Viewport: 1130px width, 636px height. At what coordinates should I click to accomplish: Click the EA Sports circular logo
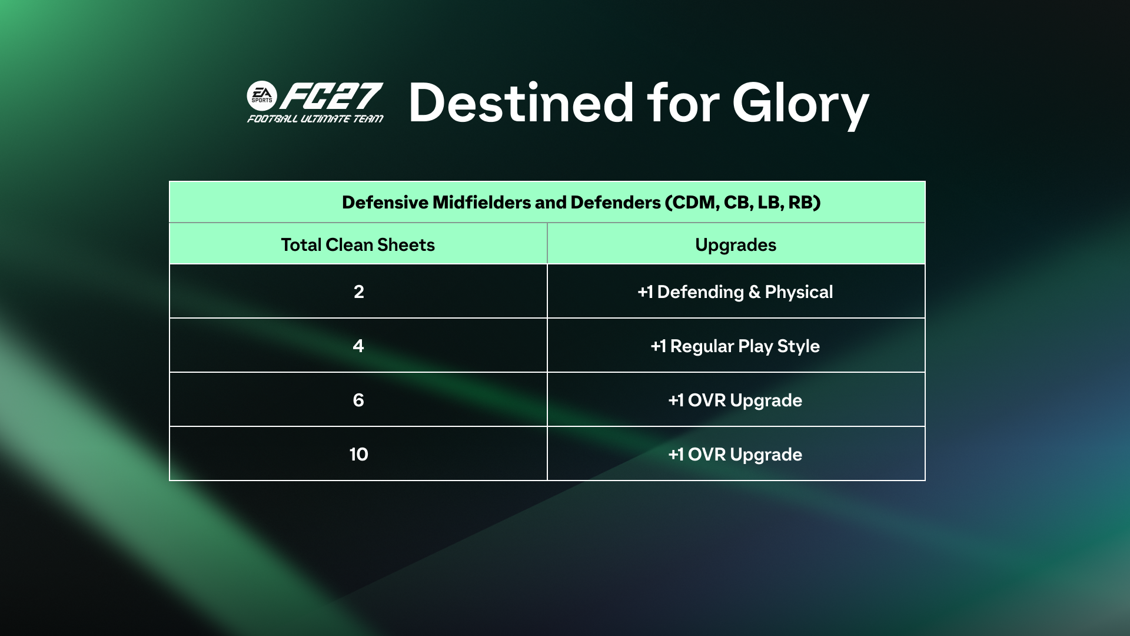click(x=262, y=96)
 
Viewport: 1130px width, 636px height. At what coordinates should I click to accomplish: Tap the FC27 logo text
click(x=331, y=96)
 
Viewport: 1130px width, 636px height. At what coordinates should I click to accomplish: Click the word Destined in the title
click(x=521, y=103)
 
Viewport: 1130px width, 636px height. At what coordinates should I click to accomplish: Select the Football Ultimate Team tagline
click(x=315, y=119)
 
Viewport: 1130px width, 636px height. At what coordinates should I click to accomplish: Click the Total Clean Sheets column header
click(x=358, y=244)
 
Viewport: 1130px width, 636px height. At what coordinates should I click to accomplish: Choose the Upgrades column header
click(x=736, y=245)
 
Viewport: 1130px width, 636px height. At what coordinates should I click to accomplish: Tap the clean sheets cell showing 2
click(x=358, y=291)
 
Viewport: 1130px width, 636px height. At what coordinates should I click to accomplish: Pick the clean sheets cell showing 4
click(x=358, y=346)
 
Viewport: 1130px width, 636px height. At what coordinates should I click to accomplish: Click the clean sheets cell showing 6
click(x=358, y=400)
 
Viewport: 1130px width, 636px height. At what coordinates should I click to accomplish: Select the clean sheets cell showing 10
click(x=358, y=454)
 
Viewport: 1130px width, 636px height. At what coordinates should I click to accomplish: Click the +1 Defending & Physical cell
click(x=736, y=291)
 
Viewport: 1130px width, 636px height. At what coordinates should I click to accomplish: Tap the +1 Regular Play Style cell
click(x=736, y=346)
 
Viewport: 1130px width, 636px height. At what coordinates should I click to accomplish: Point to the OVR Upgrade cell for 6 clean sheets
click(x=736, y=400)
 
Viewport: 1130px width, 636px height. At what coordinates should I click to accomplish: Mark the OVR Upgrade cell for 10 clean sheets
click(x=736, y=454)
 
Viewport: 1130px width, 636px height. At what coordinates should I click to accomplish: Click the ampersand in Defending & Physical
click(x=755, y=292)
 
